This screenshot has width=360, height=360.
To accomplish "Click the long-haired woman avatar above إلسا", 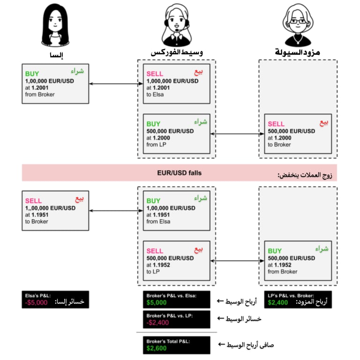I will [56, 25].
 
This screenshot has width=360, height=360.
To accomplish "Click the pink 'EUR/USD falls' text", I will [179, 173].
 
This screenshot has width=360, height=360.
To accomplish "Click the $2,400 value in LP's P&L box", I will [279, 303].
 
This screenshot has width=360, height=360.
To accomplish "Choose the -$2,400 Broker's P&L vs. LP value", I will [158, 323].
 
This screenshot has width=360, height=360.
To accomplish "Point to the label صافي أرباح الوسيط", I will [250, 345].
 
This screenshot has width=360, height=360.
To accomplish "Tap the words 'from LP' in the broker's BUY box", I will [157, 144].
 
